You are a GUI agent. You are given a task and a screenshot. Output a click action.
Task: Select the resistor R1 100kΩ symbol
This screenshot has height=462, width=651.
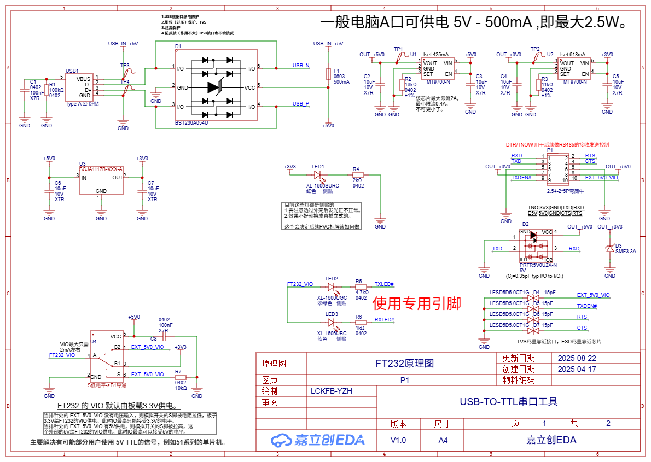tap(47, 88)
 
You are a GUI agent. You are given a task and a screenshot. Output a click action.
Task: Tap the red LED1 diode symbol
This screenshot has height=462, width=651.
tap(318, 175)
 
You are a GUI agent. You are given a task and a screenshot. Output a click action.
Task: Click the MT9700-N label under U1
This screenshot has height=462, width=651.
tap(438, 82)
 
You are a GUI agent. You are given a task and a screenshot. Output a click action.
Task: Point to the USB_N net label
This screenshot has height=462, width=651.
tap(300, 66)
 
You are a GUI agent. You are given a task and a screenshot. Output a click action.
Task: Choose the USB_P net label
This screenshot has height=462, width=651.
tap(300, 103)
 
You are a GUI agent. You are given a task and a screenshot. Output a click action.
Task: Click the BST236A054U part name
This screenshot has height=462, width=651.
tap(191, 123)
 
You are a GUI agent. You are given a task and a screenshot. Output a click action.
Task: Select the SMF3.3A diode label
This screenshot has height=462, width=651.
tap(625, 252)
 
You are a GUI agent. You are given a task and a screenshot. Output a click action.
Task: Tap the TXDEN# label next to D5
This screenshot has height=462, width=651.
tap(587, 306)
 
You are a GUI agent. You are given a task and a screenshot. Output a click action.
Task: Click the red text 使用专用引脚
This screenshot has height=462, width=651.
tap(416, 303)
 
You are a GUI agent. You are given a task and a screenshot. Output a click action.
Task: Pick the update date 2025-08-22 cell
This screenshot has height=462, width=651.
tap(577, 359)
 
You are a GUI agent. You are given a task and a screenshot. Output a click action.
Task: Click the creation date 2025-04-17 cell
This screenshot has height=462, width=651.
tap(577, 369)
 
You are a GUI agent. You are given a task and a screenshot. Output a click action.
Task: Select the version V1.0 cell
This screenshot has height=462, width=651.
tap(398, 440)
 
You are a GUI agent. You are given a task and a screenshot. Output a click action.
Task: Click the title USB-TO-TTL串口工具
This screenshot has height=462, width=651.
tap(508, 402)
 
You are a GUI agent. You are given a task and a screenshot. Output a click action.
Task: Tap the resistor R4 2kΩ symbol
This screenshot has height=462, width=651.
tap(358, 175)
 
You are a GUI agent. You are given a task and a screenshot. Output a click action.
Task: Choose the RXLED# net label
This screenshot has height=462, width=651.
tap(384, 320)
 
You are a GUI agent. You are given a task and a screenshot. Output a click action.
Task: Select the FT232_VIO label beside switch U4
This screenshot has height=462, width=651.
tap(62, 355)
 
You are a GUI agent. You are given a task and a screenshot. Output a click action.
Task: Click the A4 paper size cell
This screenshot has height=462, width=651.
tap(442, 440)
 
